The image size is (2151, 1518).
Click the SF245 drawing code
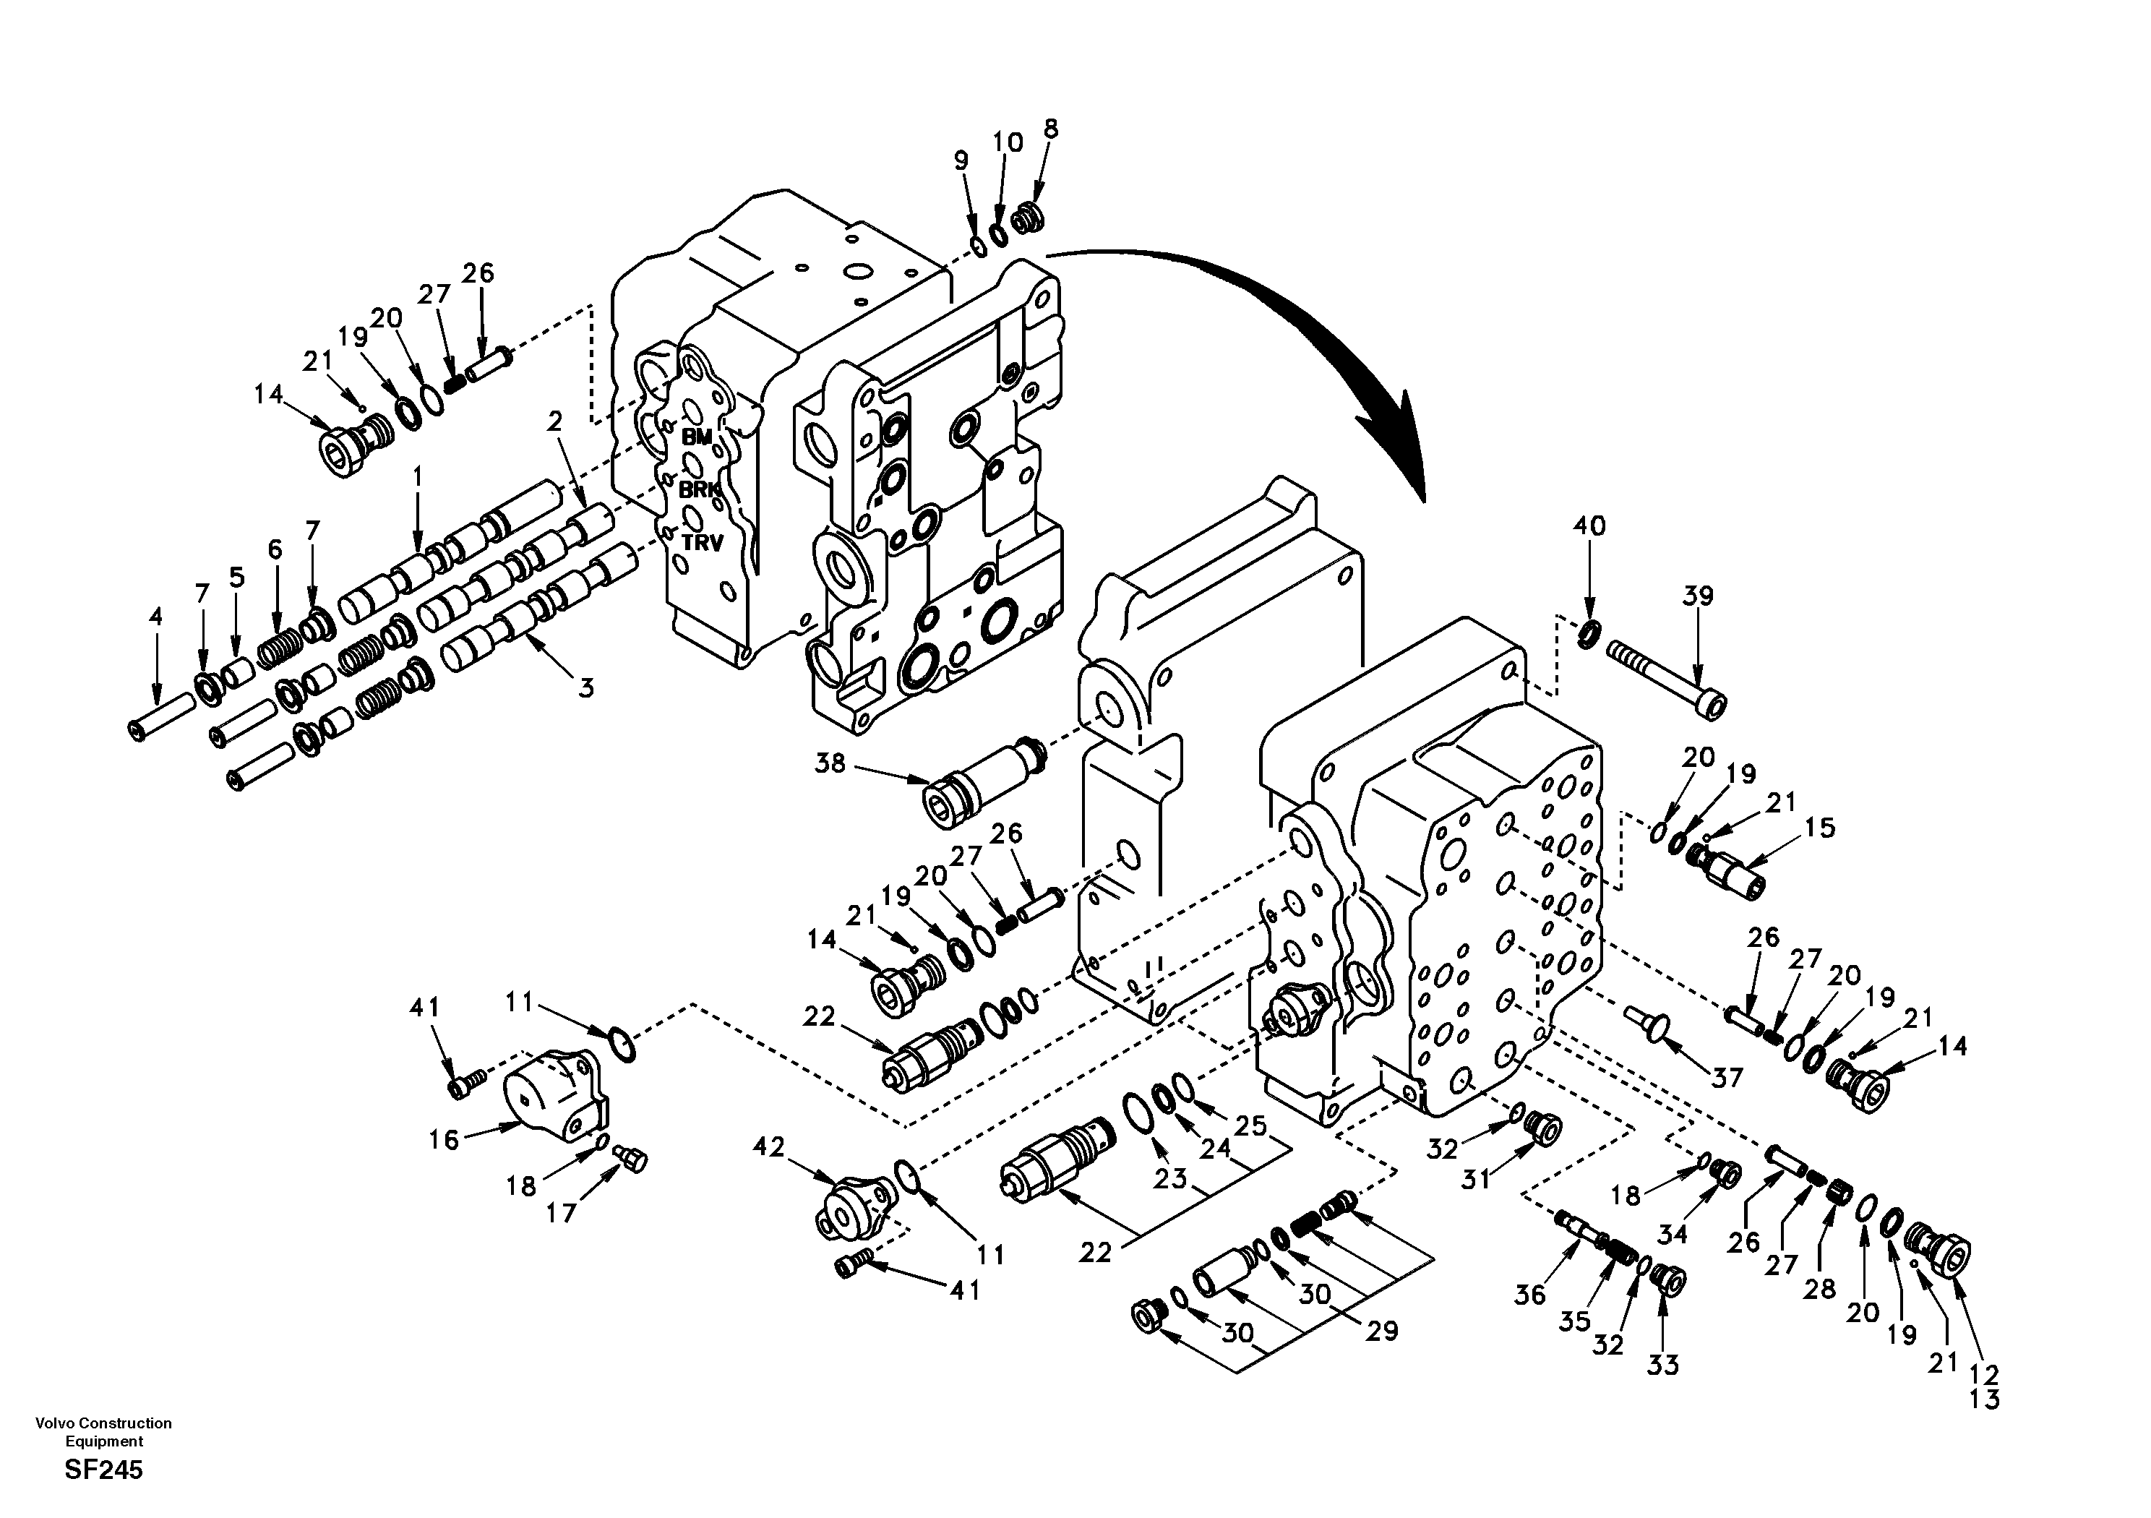(x=103, y=1470)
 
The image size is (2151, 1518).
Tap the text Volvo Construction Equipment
(x=103, y=1432)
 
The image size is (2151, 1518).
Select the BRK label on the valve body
(x=699, y=489)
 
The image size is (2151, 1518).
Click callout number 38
(x=829, y=763)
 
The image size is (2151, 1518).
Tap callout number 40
(x=1589, y=526)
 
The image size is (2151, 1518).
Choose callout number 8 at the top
(x=1050, y=129)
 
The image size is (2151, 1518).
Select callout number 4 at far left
(x=155, y=617)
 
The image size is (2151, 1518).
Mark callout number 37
(x=1727, y=1078)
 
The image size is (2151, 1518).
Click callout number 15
(x=1819, y=828)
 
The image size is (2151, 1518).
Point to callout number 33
(x=1663, y=1365)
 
